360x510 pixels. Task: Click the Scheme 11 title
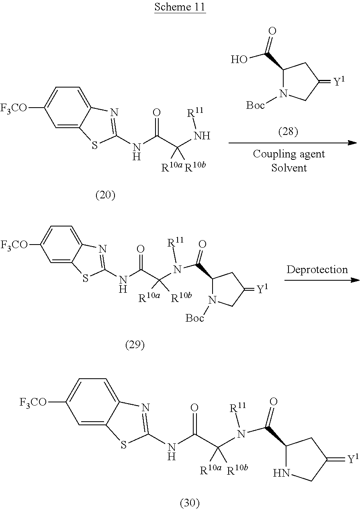coord(180,7)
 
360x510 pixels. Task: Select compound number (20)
coord(105,195)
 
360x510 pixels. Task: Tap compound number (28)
coord(288,131)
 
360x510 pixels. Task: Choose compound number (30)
coord(189,502)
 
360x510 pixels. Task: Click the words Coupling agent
coord(289,154)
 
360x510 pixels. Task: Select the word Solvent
coord(289,168)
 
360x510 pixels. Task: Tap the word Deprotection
coord(317,269)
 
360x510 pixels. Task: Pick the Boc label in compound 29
coord(194,318)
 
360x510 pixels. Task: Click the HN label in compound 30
coord(281,474)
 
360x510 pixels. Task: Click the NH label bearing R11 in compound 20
coord(202,136)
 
